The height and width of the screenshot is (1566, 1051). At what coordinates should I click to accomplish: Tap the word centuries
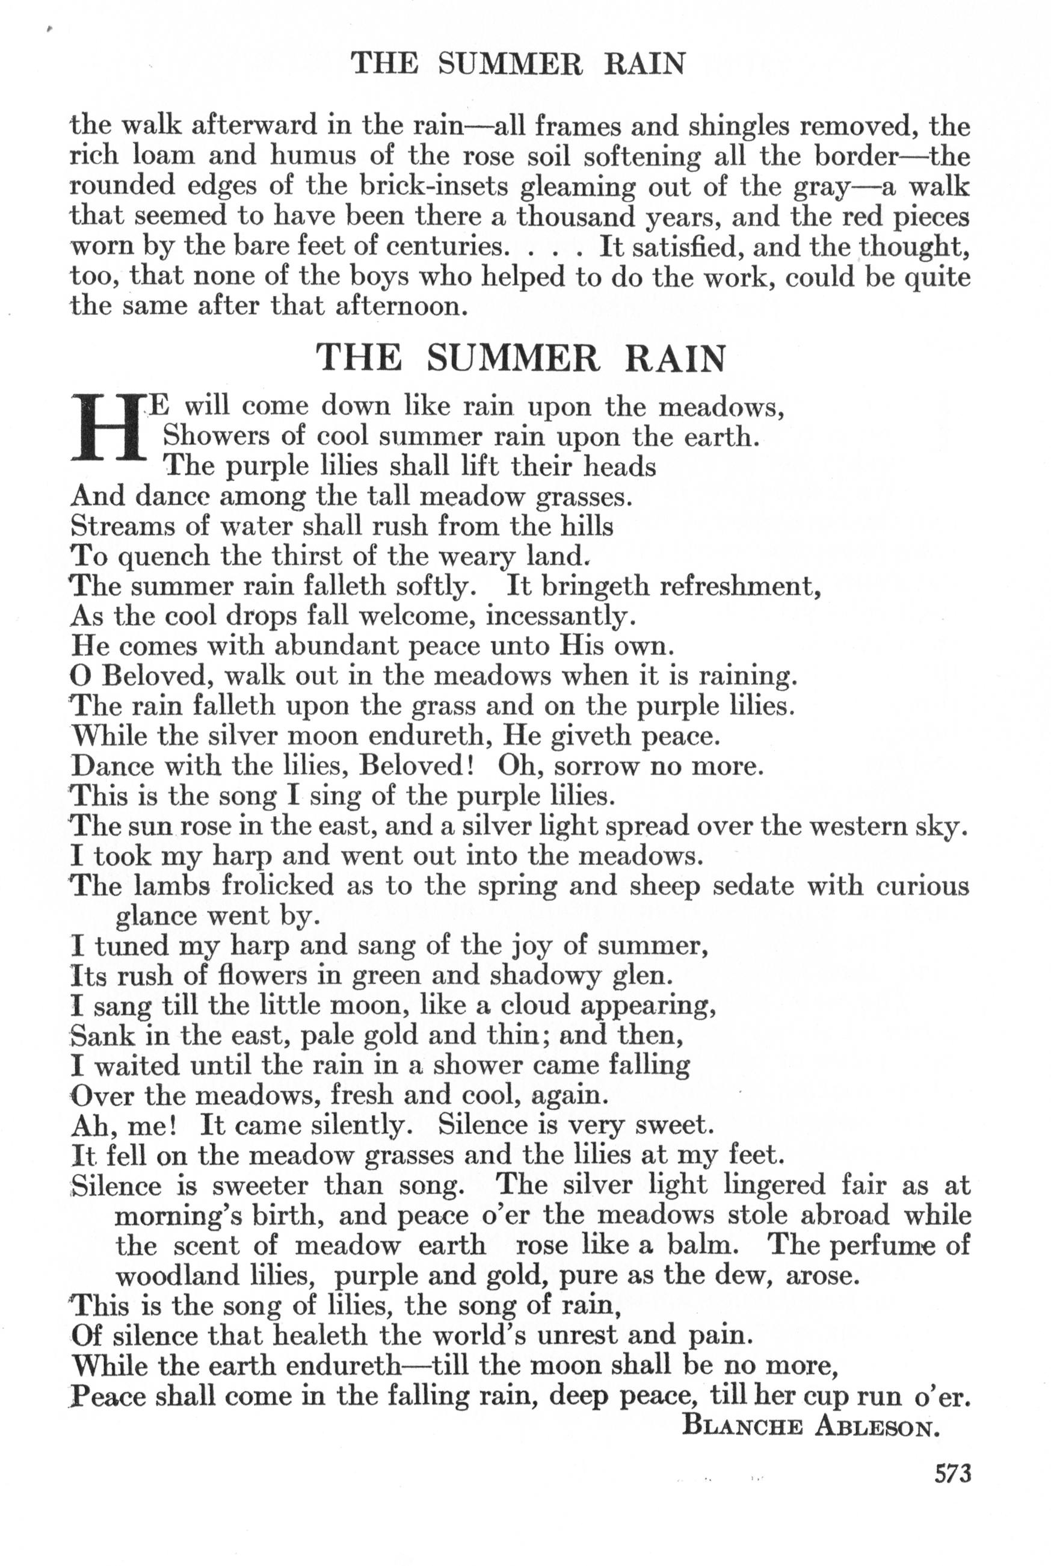coord(445,247)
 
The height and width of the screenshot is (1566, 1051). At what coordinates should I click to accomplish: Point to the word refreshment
coord(741,587)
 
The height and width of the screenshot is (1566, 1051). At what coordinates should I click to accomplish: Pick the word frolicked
coord(278,885)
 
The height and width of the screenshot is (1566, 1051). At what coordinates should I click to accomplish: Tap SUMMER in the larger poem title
coord(513,358)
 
